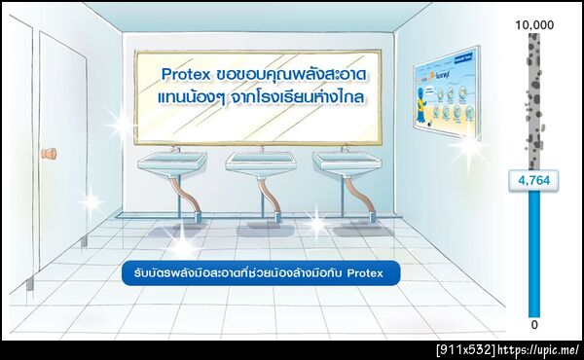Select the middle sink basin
(261, 163)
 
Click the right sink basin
(346, 163)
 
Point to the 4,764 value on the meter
(533, 180)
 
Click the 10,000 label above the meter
(533, 23)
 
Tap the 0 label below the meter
(533, 324)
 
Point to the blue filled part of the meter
(533, 253)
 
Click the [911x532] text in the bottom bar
(464, 349)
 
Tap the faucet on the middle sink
(261, 150)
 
